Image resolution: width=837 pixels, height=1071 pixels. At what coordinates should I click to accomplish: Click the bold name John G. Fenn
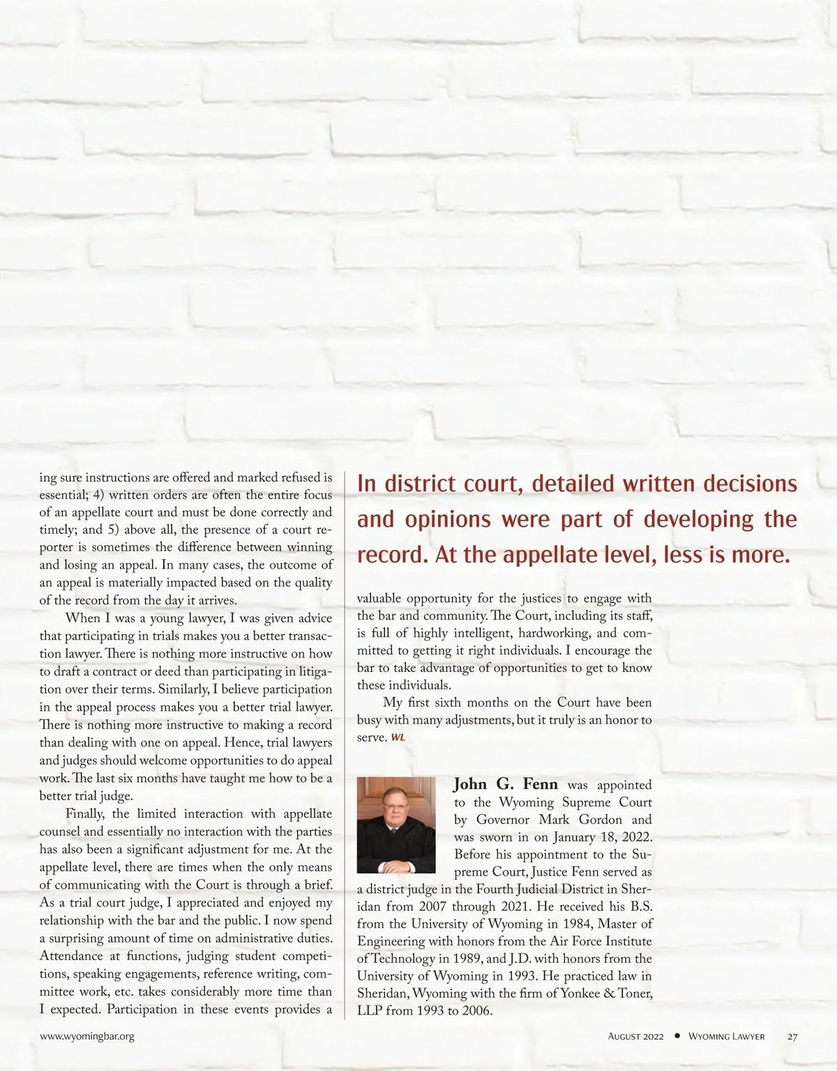[x=506, y=784]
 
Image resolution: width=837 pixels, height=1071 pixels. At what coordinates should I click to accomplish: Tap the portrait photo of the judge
[x=396, y=825]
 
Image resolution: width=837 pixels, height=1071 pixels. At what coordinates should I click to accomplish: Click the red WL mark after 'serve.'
[x=398, y=737]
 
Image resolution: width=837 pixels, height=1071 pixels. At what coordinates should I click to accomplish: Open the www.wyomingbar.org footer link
[x=87, y=1036]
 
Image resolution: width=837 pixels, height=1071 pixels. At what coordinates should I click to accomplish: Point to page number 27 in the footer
[x=792, y=1036]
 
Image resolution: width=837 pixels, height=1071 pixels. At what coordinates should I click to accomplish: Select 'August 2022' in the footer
[x=635, y=1036]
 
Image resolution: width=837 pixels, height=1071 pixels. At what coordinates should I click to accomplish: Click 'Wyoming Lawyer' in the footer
[x=726, y=1036]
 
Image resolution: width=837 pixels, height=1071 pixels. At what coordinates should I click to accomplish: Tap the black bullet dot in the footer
[x=677, y=1036]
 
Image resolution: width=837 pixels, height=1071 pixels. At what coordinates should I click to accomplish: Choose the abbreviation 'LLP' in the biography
[x=369, y=1011]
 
